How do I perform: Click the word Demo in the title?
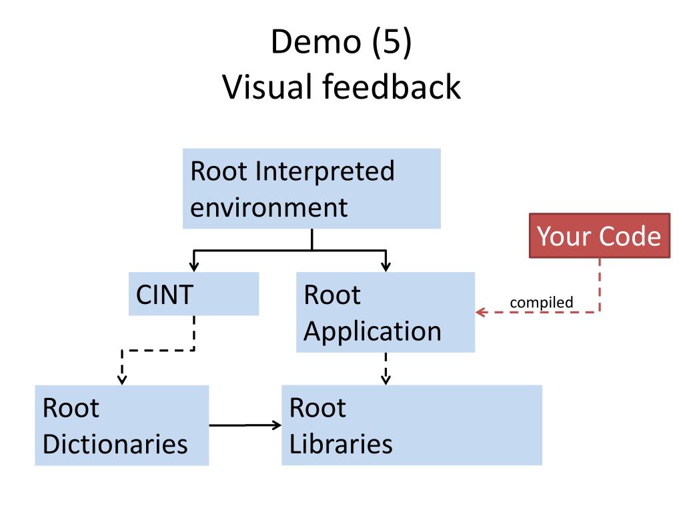coord(316,42)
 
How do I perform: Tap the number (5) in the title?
coord(392,43)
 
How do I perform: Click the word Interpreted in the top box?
coord(325,171)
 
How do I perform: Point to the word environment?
coord(269,207)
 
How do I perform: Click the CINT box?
coord(194,294)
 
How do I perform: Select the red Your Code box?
coord(600,235)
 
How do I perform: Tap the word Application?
coord(372,332)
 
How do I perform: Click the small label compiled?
coord(542,302)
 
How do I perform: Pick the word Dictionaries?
coord(115,444)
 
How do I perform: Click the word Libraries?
coord(341,444)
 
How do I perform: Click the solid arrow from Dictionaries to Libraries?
coord(245,425)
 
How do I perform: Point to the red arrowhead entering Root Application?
coord(480,312)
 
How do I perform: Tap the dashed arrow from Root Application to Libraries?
coord(386,369)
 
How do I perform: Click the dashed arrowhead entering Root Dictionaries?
coord(123,379)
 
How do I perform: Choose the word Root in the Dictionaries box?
coord(71,409)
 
